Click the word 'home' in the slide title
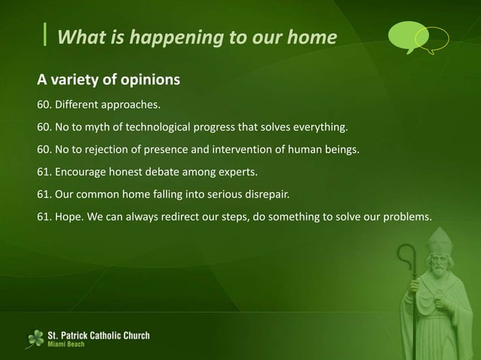click(x=308, y=36)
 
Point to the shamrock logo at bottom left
click(x=35, y=338)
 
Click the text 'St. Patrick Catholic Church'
click(x=99, y=334)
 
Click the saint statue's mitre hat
click(x=438, y=240)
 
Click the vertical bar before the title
click(x=47, y=35)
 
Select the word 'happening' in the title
click(x=161, y=36)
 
